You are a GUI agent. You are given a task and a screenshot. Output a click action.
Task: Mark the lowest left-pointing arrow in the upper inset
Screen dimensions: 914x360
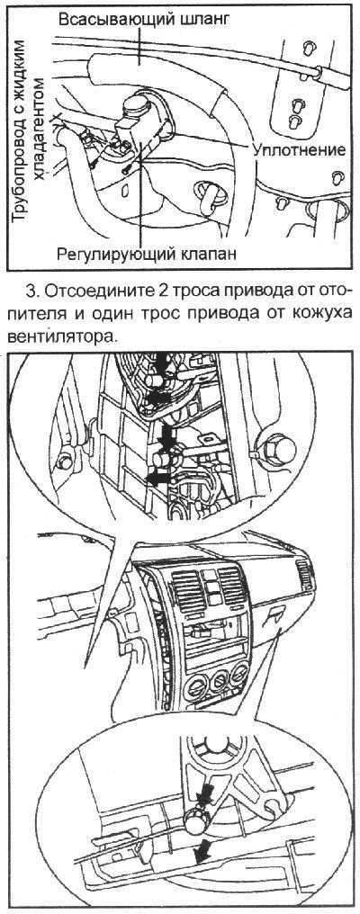coord(159,479)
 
